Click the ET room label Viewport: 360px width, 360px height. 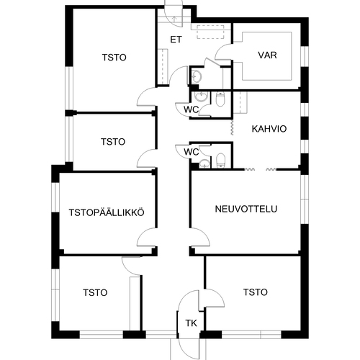(176, 40)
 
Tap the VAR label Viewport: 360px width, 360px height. (267, 55)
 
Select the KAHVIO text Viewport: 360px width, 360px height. (269, 129)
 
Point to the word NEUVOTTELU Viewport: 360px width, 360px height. (246, 209)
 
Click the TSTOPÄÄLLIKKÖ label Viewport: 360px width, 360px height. (107, 212)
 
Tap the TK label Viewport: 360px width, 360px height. (191, 323)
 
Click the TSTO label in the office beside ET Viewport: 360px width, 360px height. (114, 58)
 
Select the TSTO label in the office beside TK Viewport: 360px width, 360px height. (256, 292)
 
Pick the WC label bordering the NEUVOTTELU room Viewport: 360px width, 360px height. (192, 152)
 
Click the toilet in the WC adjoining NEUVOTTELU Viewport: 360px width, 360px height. (220, 160)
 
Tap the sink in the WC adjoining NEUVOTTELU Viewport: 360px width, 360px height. (204, 163)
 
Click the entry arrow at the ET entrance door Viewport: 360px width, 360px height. (174, 19)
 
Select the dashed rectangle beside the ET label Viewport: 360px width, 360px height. (210, 32)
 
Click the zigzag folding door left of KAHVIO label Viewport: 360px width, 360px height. (232, 127)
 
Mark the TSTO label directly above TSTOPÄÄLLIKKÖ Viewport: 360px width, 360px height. (113, 142)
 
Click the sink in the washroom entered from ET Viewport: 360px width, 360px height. (197, 76)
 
